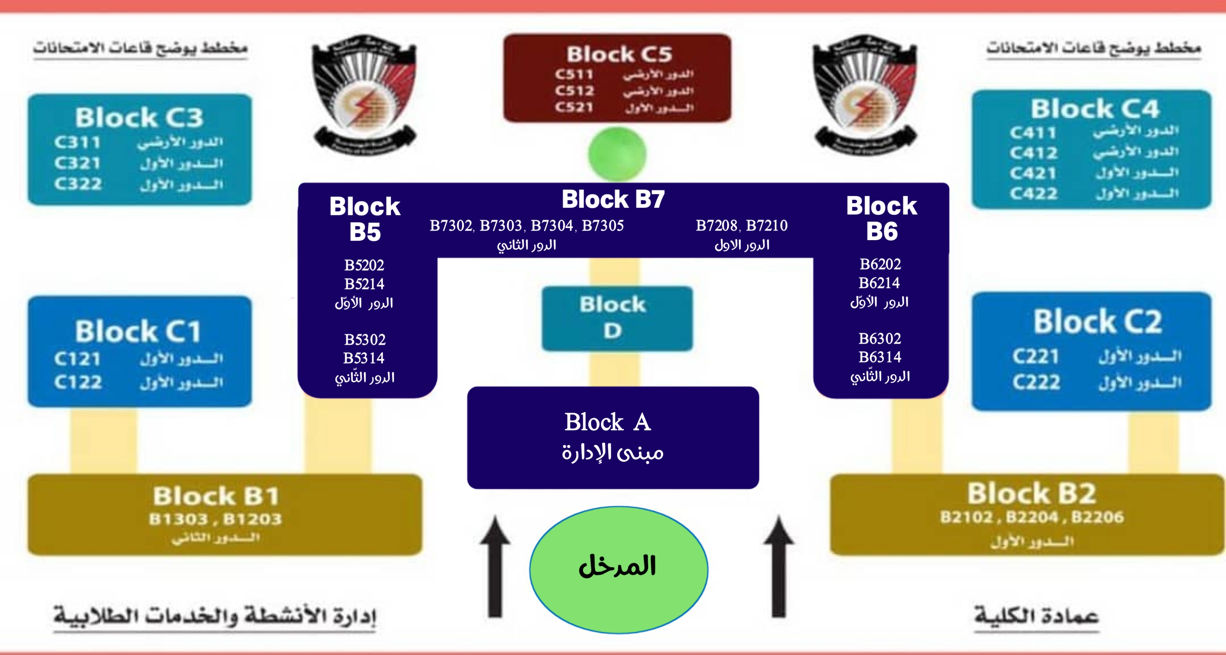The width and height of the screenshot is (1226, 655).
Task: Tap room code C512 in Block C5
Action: click(574, 91)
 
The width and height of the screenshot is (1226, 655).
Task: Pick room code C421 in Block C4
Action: click(1033, 173)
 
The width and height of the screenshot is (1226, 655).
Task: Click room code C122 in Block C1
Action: click(78, 382)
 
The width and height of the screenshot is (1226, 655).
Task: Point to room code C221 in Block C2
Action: click(1036, 356)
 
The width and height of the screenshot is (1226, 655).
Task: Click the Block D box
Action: click(617, 318)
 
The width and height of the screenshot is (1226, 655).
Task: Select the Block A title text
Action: click(608, 422)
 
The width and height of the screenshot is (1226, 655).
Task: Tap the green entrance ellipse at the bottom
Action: click(618, 569)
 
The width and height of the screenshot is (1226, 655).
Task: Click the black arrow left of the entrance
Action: click(495, 566)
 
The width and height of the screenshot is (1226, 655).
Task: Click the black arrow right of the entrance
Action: click(779, 566)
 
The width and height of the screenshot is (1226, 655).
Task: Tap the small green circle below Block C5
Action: click(617, 154)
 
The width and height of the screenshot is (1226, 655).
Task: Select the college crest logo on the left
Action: click(364, 94)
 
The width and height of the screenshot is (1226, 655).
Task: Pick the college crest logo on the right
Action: click(865, 94)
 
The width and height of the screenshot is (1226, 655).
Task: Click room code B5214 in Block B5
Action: click(364, 284)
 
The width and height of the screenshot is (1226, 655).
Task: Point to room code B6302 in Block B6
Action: click(880, 339)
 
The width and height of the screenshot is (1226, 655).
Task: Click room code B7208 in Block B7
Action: click(716, 225)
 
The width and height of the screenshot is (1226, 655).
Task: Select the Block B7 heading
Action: click(613, 199)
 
